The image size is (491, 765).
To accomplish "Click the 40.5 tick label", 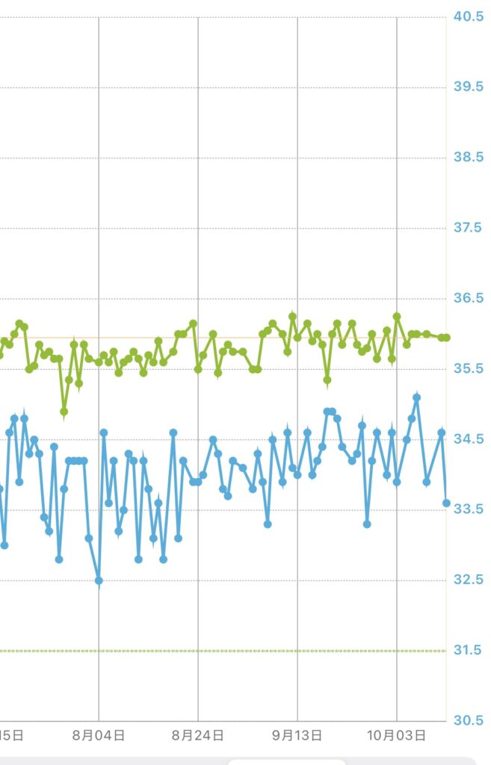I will [x=469, y=16].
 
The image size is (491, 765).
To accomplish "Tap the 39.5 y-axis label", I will [x=469, y=87].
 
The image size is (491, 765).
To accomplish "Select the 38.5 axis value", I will [x=469, y=158].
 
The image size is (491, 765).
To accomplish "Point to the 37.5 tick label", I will [x=469, y=228].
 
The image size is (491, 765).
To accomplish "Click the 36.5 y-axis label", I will [x=469, y=299].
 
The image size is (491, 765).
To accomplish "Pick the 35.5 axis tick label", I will [x=469, y=369].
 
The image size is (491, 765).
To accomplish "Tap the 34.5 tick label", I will [x=469, y=439].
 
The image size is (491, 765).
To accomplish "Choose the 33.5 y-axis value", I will [x=469, y=510].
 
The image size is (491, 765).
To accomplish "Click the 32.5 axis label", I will [x=469, y=580].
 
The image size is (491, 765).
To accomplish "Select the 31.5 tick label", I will [x=469, y=651].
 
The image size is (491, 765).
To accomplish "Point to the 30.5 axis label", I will [x=469, y=721].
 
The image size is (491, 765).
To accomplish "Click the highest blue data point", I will [x=417, y=397].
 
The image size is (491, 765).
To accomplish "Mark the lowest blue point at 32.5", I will [x=99, y=580].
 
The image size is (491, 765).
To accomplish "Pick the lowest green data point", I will [x=64, y=412].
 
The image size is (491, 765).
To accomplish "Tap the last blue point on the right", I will [x=446, y=503].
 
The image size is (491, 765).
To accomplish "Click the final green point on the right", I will [x=446, y=338].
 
